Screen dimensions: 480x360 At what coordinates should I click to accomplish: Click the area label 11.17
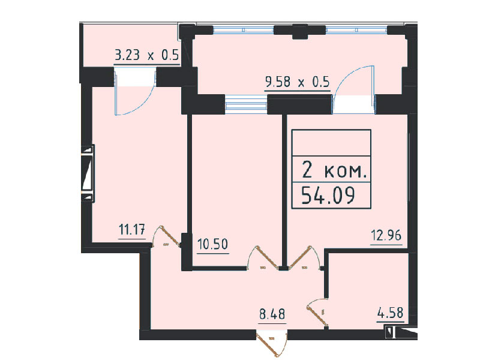[131, 229]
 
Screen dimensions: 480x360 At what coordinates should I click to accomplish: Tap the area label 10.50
[213, 244]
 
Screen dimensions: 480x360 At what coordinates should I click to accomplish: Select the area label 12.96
[386, 235]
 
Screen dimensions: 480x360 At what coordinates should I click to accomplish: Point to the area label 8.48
[272, 314]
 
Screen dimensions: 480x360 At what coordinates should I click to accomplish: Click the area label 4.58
[391, 313]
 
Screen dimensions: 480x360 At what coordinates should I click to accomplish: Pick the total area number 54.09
[328, 196]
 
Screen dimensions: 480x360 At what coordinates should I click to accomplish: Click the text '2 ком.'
[334, 170]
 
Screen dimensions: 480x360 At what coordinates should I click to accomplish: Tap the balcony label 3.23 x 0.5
[146, 55]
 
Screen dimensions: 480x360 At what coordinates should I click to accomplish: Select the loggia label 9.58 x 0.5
[297, 82]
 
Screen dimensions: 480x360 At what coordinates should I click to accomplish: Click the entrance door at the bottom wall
[272, 342]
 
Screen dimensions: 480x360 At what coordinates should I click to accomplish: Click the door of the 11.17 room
[167, 236]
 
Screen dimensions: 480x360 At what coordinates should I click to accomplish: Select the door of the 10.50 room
[264, 257]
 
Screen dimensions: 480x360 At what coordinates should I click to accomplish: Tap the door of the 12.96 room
[304, 257]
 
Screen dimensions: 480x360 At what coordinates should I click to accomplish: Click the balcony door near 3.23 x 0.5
[135, 91]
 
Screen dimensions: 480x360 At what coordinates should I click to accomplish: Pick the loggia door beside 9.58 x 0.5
[353, 89]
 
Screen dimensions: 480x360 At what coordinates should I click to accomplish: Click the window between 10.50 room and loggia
[246, 102]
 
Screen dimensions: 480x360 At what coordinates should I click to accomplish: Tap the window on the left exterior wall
[88, 173]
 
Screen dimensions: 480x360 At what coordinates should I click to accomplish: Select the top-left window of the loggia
[244, 30]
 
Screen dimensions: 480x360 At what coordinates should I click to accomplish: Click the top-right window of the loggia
[356, 30]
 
